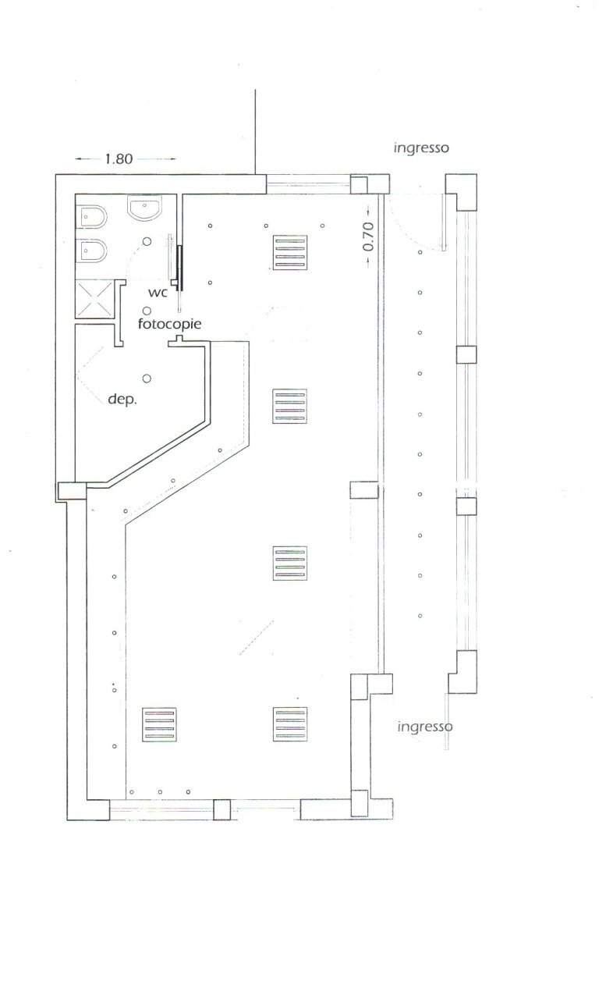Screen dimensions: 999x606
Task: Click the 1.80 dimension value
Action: coord(118,158)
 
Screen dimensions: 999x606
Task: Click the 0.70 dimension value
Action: coord(368,236)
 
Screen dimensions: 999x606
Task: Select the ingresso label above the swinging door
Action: coord(420,147)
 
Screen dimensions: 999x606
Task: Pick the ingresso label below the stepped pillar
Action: coord(425,726)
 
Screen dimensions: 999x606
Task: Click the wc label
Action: coord(158,292)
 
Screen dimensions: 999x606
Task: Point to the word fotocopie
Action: coord(170,322)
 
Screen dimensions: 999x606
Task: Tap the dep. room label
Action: coord(122,399)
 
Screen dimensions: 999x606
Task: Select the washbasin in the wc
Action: coord(144,208)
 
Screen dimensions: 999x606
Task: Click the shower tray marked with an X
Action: coord(94,300)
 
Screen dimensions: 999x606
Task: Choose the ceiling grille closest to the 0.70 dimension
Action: coord(289,251)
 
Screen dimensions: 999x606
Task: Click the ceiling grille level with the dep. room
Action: coord(289,406)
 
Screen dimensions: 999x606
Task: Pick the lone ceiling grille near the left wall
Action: coord(159,724)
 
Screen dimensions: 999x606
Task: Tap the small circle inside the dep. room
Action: coord(146,378)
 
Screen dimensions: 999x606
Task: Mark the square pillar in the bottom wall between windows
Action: coord(222,809)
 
